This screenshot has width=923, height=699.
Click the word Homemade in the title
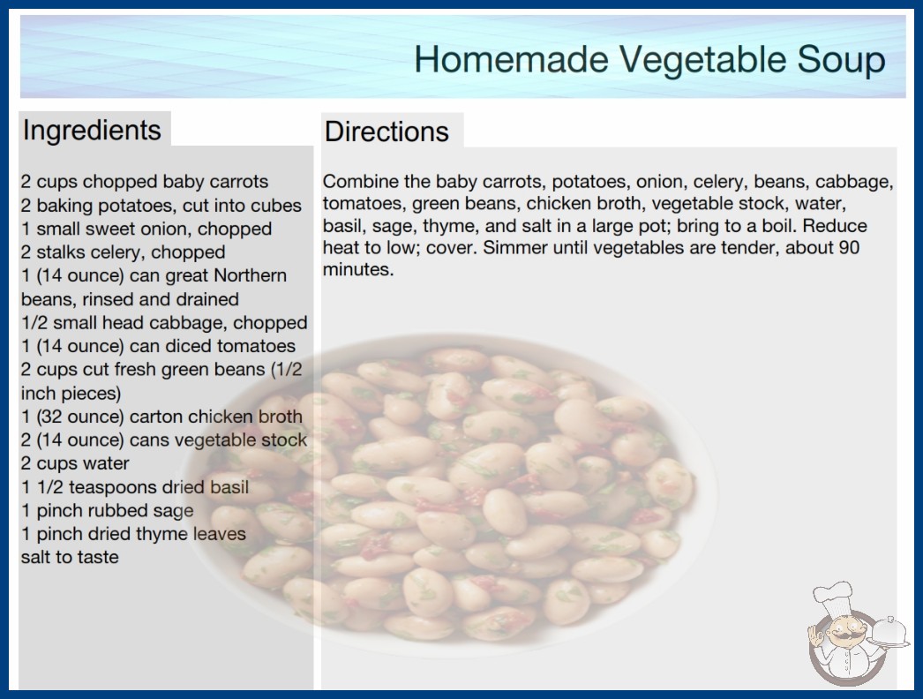coord(511,59)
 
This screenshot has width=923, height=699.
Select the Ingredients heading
coord(92,131)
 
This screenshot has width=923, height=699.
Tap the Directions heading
coord(386,132)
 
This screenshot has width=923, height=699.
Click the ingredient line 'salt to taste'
coord(70,557)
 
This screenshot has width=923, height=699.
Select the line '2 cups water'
coord(75,463)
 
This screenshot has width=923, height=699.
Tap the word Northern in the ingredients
coord(250,275)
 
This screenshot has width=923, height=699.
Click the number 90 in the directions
coord(849,247)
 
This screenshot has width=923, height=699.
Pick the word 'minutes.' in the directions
coord(358,270)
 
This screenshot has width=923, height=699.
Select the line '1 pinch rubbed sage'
coord(107,511)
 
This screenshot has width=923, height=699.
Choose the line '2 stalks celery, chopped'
coord(123,252)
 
